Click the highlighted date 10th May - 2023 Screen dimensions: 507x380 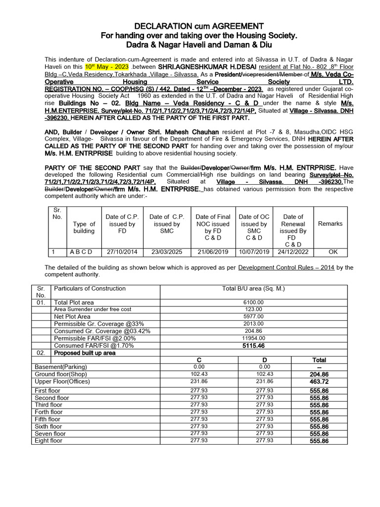[107, 66]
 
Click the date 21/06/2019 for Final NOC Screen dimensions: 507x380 [212, 252]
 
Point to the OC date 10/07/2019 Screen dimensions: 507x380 [254, 252]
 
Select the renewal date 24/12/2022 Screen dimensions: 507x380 [293, 252]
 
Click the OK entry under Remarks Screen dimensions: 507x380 [333, 252]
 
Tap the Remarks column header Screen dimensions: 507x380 [330, 224]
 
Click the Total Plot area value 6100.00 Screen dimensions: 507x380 [253, 302]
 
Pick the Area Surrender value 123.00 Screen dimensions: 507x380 [253, 309]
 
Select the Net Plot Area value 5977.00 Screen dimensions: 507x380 [253, 317]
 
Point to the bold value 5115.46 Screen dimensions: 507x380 [253, 346]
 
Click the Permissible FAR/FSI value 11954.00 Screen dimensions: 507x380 [253, 338]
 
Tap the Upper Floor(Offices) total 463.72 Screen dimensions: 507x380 [319, 382]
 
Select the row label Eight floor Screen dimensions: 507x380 [48, 441]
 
